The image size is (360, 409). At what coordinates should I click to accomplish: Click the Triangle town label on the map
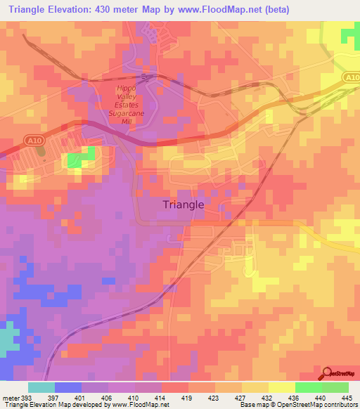pos(184,204)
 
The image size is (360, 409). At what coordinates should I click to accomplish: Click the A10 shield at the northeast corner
pos(352,78)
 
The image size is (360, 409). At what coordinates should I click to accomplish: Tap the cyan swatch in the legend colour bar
pos(41,387)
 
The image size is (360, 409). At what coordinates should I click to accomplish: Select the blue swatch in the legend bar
pos(68,387)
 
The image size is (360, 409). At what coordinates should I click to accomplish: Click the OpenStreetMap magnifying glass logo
pos(327,375)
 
